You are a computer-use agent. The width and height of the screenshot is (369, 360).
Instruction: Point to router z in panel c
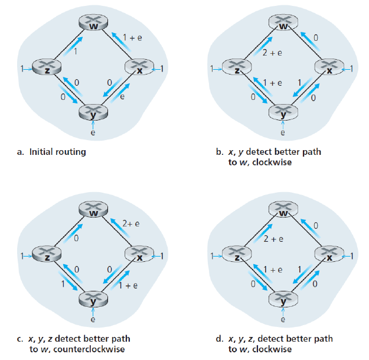pyautogui.click(x=43, y=256)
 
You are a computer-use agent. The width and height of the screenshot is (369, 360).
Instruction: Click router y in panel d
pyautogui.click(x=282, y=300)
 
